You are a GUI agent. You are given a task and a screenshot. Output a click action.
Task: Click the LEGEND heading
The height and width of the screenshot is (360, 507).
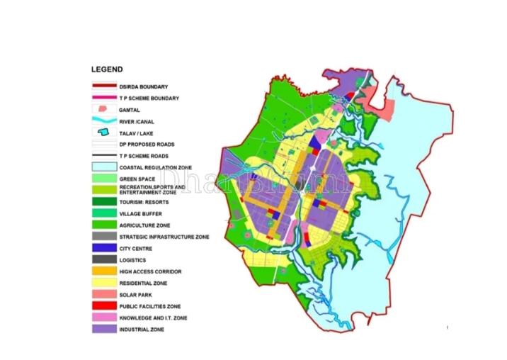pos(108,69)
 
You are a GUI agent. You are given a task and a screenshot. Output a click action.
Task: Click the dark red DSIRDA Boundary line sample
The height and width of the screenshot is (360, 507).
pos(103,86)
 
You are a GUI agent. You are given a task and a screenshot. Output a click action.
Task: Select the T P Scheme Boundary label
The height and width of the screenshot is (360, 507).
pos(149,98)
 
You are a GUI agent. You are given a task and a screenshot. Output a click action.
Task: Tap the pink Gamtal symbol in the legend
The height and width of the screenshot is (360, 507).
pos(103,110)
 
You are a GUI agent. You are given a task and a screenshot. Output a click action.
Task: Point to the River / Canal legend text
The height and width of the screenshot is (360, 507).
pos(137,121)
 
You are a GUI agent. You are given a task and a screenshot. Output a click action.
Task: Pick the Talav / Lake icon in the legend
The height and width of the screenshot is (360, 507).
pos(103,133)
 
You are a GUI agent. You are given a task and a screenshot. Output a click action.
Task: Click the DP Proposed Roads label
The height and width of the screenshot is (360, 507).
pos(147,144)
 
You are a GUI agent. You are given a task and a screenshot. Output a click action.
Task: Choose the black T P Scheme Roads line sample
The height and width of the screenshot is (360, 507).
pos(103,155)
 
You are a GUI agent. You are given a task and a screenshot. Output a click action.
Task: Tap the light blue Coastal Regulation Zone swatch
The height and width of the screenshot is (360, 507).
pos(103,167)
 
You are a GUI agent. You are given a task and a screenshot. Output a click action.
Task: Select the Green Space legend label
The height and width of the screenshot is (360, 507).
pos(137,179)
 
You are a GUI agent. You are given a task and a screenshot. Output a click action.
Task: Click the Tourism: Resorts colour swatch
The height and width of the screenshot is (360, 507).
pos(103,202)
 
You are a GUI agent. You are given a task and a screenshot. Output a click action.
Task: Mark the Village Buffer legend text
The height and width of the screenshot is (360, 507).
pos(141,213)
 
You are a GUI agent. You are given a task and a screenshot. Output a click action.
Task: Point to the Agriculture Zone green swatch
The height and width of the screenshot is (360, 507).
pos(103,225)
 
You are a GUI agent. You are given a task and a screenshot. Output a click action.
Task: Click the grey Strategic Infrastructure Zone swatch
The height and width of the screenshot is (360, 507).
pos(103,237)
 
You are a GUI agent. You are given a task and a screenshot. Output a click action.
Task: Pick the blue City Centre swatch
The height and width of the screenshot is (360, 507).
pos(103,248)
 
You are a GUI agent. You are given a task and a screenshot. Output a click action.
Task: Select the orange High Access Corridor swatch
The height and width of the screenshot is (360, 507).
pos(103,271)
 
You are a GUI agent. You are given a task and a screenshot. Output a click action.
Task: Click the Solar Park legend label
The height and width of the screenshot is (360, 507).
pos(136,294)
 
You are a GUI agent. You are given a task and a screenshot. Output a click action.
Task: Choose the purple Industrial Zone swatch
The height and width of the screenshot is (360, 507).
pos(103,329)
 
